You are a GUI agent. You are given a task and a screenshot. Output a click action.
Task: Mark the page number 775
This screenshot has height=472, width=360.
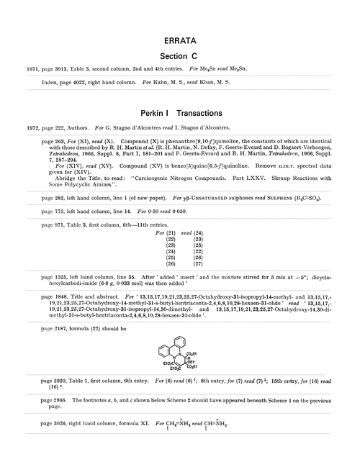(x=61, y=228)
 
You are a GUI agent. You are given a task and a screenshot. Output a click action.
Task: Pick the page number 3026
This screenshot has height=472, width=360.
(x=63, y=461)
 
